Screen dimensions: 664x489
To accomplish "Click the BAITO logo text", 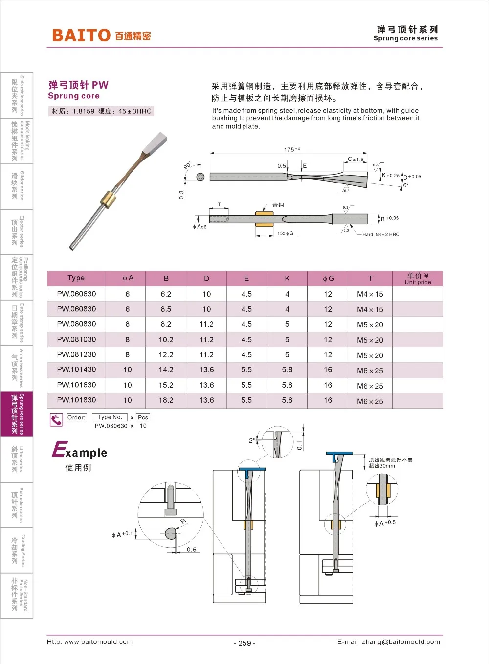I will (x=81, y=35).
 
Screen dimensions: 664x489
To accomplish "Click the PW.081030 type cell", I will (x=76, y=340).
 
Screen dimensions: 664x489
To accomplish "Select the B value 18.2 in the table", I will (x=166, y=400).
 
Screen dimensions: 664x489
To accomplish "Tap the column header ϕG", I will (x=328, y=278).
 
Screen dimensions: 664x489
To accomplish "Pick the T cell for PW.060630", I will (x=370, y=294).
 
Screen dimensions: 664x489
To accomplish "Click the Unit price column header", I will (x=418, y=278).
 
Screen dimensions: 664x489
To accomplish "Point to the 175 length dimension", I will (x=291, y=149).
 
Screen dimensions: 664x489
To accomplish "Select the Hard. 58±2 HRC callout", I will (x=380, y=235).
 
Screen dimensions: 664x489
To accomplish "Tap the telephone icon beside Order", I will (x=56, y=420).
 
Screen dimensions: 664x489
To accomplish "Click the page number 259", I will (x=244, y=643).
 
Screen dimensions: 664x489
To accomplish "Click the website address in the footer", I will (x=89, y=642).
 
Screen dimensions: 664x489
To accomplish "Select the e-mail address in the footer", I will (x=388, y=642).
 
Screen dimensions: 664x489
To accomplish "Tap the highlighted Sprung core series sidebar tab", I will (x=17, y=414).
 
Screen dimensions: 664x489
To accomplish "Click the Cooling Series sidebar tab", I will (x=17, y=550).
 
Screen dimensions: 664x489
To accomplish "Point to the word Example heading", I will (x=80, y=451).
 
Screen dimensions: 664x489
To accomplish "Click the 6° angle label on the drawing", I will (x=405, y=185).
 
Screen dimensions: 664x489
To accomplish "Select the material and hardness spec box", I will (x=102, y=112).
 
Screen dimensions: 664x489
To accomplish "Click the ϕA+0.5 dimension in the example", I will (x=385, y=523).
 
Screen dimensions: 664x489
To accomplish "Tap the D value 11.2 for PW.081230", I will (x=206, y=355).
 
